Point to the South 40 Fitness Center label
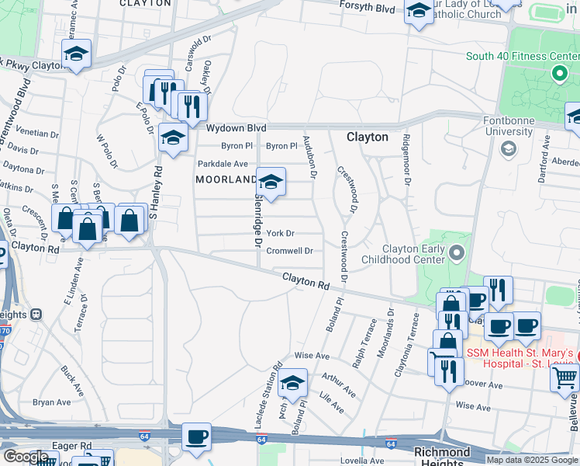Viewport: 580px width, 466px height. coord(522,57)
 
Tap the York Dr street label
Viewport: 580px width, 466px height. coord(280,233)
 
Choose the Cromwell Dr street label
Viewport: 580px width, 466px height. coord(289,251)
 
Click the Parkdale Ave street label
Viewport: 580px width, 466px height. coord(223,164)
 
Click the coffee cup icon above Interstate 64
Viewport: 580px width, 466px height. coord(197,436)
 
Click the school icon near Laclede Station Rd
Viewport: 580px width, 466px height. coord(292,382)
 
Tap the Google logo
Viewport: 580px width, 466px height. coord(25,457)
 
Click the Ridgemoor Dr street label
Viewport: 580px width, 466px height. coord(406,158)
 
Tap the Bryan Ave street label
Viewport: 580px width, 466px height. coord(52,402)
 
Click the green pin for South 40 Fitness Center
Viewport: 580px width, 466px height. coord(558,75)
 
